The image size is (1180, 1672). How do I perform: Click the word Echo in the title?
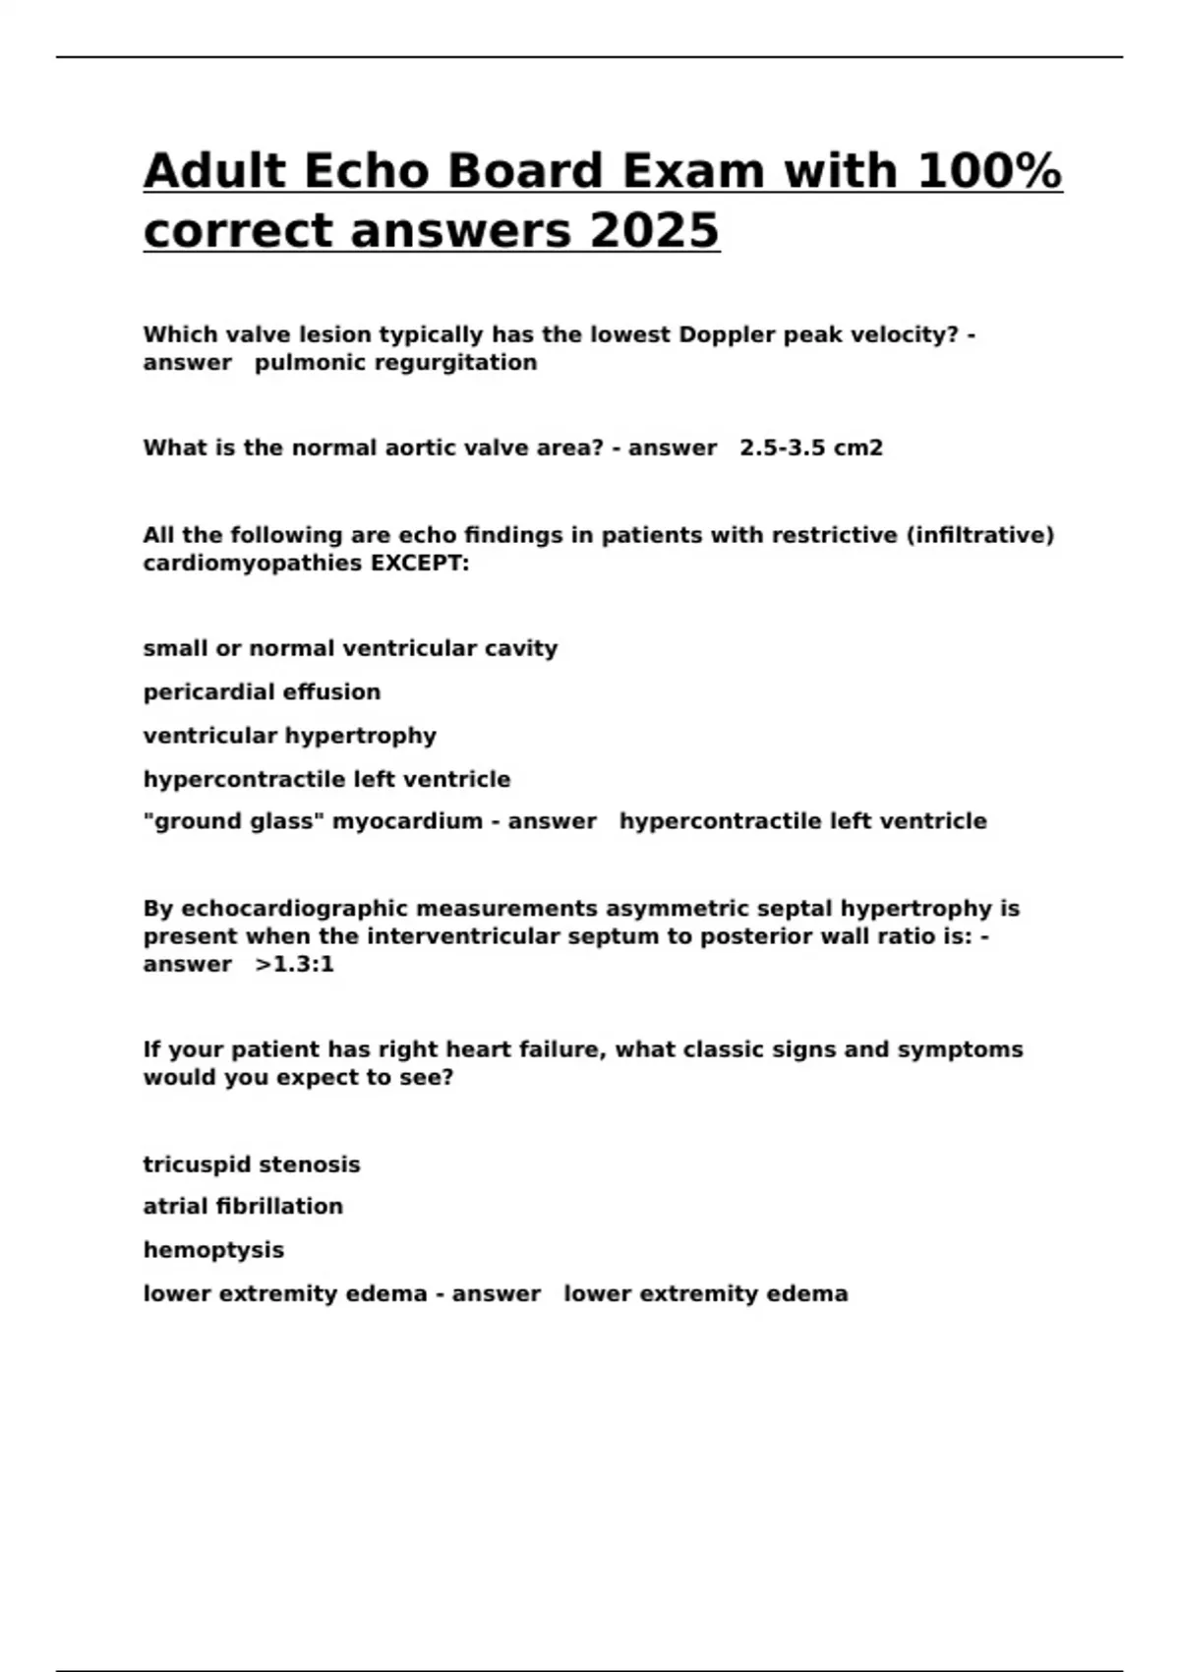point(365,171)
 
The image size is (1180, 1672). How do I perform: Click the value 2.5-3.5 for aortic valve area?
point(782,448)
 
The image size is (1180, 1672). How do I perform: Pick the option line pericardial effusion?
point(262,692)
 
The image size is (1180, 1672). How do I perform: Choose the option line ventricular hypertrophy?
point(289,736)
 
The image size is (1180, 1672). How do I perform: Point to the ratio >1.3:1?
point(294,965)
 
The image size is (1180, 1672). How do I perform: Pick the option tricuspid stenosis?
point(252,1164)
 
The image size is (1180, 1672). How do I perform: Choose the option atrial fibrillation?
point(243,1207)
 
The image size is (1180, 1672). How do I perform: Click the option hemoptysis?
point(213,1250)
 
